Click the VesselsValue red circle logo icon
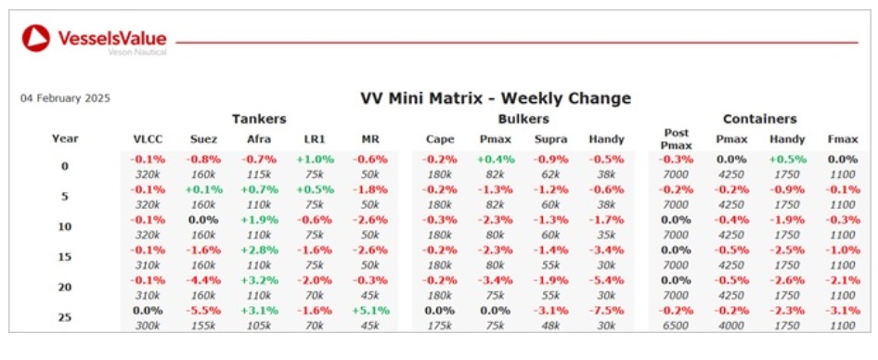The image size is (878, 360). (36, 38)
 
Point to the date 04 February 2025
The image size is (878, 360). (66, 98)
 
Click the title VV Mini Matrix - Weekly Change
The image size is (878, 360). (496, 98)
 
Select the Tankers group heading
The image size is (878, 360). (259, 119)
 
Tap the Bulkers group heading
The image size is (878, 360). (523, 119)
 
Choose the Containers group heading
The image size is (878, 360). (760, 119)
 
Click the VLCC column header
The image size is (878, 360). (148, 139)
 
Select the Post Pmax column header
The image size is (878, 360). (676, 139)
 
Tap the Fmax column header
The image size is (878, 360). (843, 139)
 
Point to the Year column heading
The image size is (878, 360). (66, 138)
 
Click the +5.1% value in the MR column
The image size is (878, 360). (370, 310)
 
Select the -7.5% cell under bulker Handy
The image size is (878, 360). (606, 310)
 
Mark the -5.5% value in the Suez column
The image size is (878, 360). (204, 310)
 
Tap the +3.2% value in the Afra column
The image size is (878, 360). (259, 280)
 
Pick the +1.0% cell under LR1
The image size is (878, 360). (316, 159)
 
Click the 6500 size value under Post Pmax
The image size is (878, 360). (676, 326)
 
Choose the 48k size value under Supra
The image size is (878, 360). (550, 326)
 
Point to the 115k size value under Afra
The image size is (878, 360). (259, 174)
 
